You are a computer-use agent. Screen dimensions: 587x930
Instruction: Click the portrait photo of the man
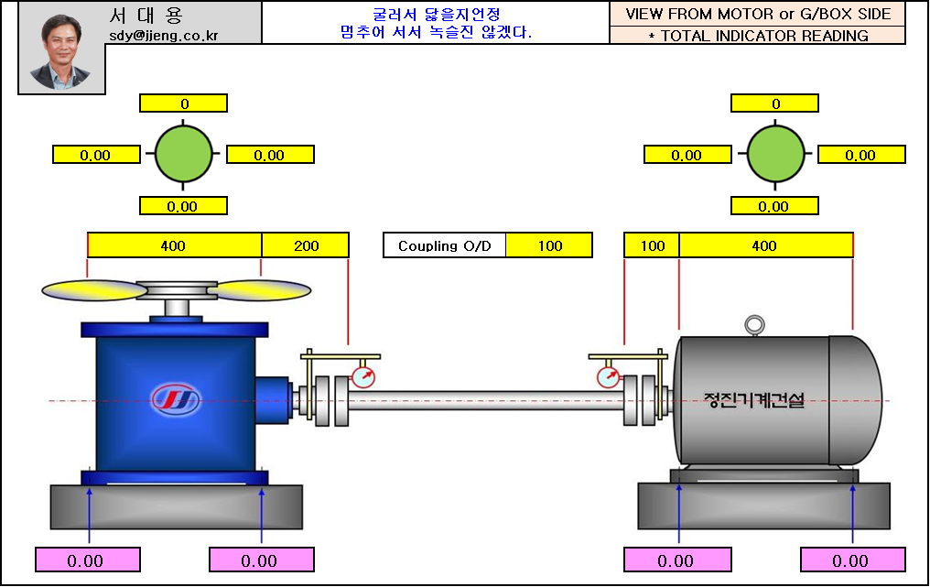point(61,51)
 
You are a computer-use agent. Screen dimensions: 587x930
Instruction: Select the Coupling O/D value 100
point(549,245)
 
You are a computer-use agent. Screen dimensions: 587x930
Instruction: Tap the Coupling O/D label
point(445,245)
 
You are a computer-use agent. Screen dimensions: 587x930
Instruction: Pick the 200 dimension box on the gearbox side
point(306,245)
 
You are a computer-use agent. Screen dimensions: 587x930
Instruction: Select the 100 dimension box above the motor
point(652,245)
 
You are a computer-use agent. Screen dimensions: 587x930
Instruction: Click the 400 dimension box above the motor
point(765,245)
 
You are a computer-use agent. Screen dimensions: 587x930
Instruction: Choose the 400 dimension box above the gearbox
point(174,245)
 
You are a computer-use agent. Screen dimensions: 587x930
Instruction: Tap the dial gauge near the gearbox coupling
point(363,376)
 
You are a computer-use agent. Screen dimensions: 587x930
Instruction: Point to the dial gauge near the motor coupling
point(607,376)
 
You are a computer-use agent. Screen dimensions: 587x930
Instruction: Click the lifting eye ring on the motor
point(753,324)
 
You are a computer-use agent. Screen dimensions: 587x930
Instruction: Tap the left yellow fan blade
point(94,290)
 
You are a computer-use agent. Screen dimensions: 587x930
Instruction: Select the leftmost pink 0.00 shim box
point(87,560)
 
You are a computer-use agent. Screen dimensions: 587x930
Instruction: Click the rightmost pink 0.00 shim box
point(852,560)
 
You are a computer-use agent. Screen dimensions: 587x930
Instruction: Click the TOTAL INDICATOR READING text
point(757,36)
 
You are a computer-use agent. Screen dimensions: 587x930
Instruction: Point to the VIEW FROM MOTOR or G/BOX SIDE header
point(757,14)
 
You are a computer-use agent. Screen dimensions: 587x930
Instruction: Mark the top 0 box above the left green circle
point(183,103)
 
